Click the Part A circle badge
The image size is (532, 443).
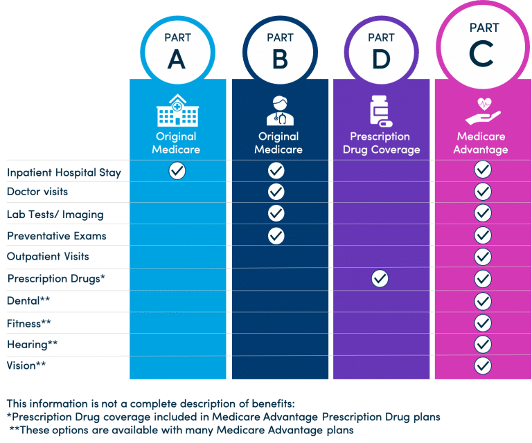click(177, 52)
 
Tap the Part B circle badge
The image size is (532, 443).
click(279, 52)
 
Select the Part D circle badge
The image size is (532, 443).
click(381, 52)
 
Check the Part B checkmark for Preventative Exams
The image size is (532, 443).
click(276, 235)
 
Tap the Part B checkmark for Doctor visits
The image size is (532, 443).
click(276, 191)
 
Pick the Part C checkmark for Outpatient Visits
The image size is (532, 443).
click(483, 257)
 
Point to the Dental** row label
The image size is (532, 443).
click(28, 301)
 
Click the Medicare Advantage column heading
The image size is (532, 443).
click(482, 143)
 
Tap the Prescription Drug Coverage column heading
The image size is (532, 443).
click(381, 143)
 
